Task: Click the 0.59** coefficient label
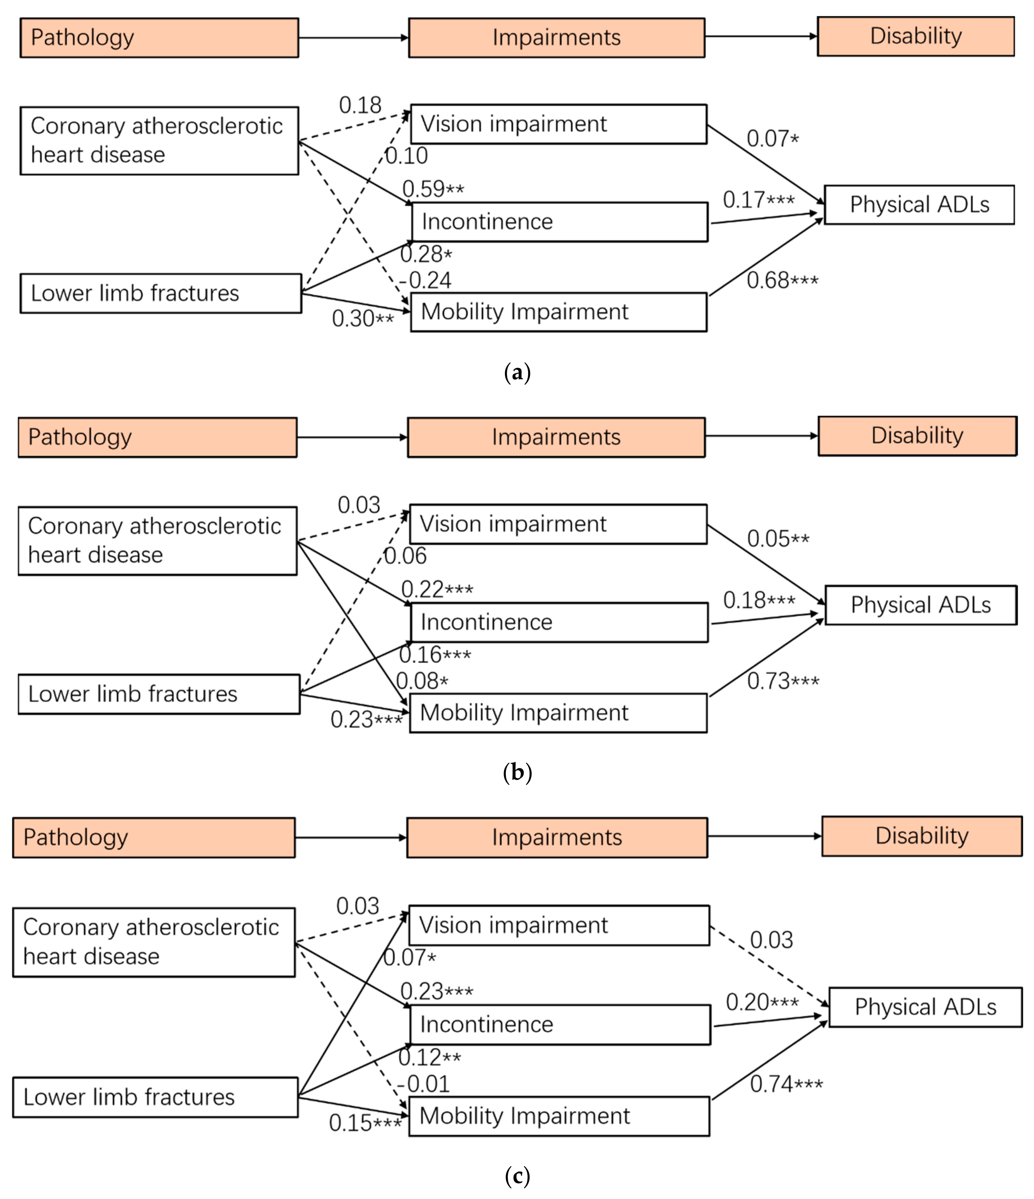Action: (x=433, y=189)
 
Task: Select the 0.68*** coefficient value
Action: (x=782, y=281)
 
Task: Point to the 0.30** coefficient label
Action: (x=363, y=318)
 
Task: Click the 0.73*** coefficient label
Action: (x=783, y=681)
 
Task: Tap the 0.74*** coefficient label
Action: (x=786, y=1084)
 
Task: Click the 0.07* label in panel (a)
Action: (x=772, y=139)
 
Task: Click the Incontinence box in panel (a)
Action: (x=559, y=222)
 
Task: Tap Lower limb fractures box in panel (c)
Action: (x=155, y=1097)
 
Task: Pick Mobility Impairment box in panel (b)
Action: (x=558, y=713)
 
